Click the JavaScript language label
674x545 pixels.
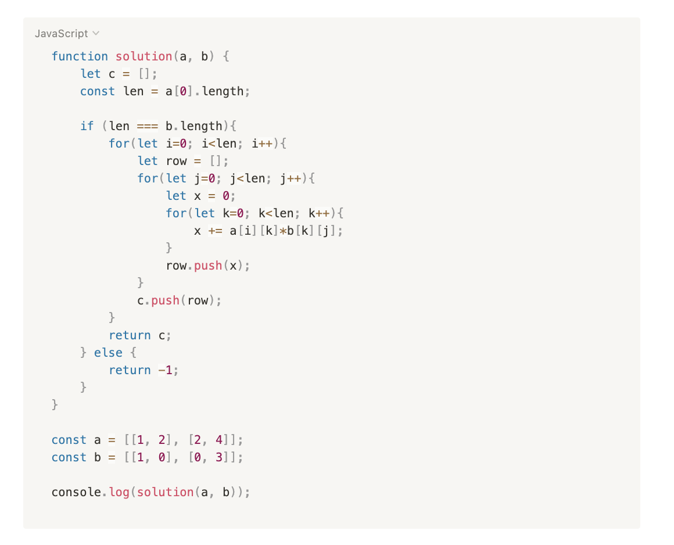click(61, 34)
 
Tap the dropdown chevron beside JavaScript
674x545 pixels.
click(96, 34)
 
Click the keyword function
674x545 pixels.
click(80, 56)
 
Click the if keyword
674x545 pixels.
click(87, 126)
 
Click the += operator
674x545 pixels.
click(215, 231)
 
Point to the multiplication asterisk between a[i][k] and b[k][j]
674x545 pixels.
click(283, 231)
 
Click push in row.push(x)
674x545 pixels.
click(208, 266)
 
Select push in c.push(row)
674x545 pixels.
click(165, 300)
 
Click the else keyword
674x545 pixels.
click(108, 353)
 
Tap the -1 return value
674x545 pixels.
click(166, 370)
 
